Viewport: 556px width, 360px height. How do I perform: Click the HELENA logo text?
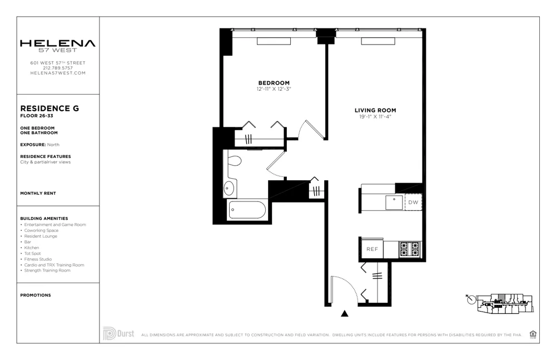(58, 43)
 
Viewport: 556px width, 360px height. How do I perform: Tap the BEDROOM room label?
(274, 83)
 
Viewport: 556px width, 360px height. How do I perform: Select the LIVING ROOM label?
(375, 110)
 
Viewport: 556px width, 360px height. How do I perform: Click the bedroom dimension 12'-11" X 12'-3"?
(274, 89)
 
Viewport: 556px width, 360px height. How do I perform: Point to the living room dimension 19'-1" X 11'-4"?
(375, 117)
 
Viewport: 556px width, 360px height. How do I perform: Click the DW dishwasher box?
(413, 203)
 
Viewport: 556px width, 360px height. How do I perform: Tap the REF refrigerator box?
(372, 249)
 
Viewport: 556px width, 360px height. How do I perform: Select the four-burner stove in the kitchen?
(410, 249)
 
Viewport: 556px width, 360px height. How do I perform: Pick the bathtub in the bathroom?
(247, 210)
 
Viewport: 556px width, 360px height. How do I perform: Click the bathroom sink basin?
(229, 189)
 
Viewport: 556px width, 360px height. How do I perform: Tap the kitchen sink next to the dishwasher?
(394, 202)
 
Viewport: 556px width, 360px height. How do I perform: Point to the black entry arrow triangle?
(344, 314)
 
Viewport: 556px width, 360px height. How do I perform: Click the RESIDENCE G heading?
(49, 109)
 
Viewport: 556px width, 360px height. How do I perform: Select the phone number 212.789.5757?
(58, 68)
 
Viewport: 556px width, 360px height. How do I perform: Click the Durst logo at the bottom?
(118, 334)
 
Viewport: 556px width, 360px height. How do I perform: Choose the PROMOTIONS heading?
(36, 295)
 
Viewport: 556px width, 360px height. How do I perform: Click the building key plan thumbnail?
(499, 300)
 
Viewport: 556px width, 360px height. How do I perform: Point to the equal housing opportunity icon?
(533, 334)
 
